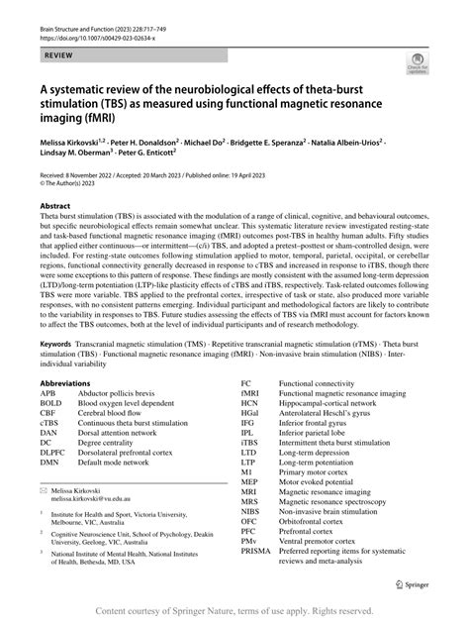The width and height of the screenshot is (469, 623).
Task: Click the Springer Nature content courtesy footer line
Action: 234,612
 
